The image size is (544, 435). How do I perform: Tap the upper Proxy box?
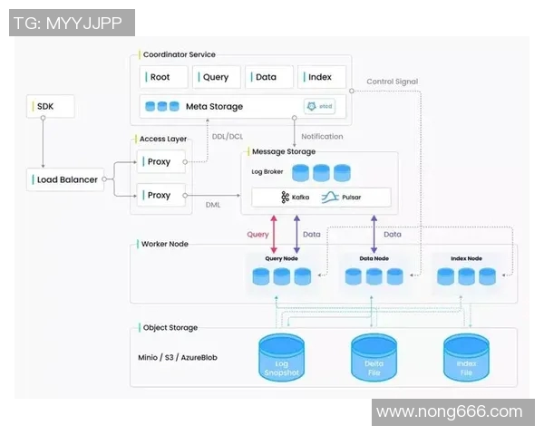(x=160, y=162)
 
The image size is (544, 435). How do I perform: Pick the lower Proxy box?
(x=160, y=195)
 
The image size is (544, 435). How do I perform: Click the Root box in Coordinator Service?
(x=163, y=77)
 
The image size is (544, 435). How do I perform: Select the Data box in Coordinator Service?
(x=268, y=77)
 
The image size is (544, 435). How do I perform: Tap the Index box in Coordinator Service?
(x=321, y=77)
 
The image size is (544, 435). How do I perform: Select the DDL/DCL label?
(x=227, y=137)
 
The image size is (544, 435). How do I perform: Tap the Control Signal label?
(x=392, y=82)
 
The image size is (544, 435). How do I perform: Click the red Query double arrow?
(x=274, y=234)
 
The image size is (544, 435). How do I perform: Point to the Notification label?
(x=322, y=137)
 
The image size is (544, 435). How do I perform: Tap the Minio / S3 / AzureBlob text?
(x=178, y=357)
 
